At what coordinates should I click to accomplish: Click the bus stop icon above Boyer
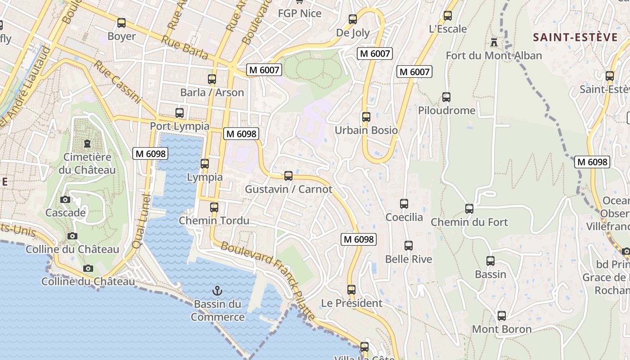coord(121,23)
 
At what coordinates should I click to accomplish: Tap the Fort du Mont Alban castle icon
coord(494,43)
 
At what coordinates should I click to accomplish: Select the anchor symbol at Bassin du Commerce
coord(217,290)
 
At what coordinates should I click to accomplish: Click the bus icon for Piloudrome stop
coord(446,97)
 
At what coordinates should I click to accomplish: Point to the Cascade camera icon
coord(65,199)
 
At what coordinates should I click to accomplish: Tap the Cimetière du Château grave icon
coord(87,144)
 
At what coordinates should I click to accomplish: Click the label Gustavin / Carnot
coord(288,189)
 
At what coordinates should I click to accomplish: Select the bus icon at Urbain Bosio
coord(366,117)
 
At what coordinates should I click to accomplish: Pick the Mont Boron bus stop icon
coord(501,316)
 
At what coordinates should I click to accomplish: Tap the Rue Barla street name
coord(184,48)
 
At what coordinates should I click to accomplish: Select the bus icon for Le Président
coord(351,290)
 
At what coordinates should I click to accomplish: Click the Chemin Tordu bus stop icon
coord(214,207)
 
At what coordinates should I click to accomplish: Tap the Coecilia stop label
coord(404,217)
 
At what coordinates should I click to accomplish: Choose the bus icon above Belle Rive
coord(408,246)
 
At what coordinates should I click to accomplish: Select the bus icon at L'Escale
coord(447,16)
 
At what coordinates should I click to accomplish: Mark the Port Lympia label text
coord(180,126)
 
